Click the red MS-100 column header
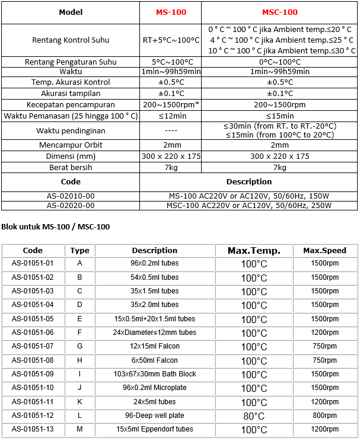pos(170,12)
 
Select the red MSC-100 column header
pos(279,12)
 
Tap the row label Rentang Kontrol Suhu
pos(71,40)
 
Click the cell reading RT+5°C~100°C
pos(170,40)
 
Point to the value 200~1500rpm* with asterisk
pos(170,104)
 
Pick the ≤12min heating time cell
pos(170,116)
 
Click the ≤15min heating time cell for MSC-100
pos(279,116)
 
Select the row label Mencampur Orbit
pos(71,145)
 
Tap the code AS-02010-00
pos(71,195)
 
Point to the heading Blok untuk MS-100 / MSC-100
pos(56,226)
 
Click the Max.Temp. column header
pos(254,250)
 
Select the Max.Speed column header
pos(324,250)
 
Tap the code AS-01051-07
pos(33,346)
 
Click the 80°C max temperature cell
pos(254,416)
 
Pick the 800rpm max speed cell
pos(324,416)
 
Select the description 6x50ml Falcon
pos(154,360)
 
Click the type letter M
pos(79,429)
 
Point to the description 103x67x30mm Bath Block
pos(154,374)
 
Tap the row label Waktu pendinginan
pos(71,130)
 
